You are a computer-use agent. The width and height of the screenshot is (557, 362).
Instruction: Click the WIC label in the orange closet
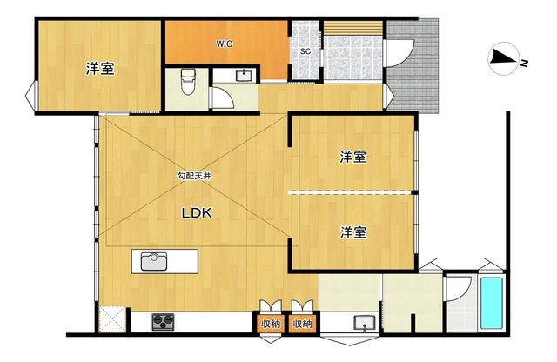click(x=225, y=44)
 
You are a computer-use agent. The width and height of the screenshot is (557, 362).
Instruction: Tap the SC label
click(x=305, y=51)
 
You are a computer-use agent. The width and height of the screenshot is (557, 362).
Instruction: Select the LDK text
click(x=197, y=213)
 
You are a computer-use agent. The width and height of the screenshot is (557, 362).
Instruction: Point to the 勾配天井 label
click(x=194, y=176)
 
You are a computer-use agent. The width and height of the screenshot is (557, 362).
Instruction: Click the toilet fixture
click(x=188, y=82)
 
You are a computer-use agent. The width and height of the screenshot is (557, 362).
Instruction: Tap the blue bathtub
click(x=492, y=303)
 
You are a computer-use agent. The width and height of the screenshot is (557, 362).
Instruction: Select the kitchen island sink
click(x=154, y=261)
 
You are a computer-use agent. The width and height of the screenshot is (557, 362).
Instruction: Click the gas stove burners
click(x=163, y=322)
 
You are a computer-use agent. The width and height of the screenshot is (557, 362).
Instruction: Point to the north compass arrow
click(x=503, y=58)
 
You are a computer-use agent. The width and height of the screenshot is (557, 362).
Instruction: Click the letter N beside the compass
click(x=524, y=64)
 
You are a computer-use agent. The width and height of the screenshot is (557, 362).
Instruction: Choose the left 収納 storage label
click(x=271, y=324)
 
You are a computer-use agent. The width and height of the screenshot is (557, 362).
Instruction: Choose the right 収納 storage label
click(x=302, y=324)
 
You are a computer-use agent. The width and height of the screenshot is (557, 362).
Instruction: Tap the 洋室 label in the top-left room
click(x=101, y=69)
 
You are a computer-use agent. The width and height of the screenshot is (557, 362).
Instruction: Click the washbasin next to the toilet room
click(x=245, y=76)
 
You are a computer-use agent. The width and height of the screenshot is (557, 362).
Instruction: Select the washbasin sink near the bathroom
click(x=365, y=323)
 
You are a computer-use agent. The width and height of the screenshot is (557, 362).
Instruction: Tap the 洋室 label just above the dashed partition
click(x=353, y=157)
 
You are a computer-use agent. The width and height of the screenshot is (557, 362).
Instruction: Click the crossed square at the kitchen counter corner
click(x=112, y=319)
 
